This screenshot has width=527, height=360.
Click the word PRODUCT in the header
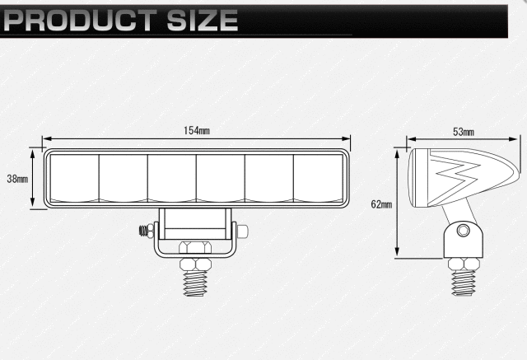(x=80, y=20)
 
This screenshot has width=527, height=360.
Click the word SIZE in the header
(x=203, y=20)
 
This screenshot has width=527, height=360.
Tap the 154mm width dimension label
(x=197, y=130)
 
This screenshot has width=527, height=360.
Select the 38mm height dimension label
(x=17, y=179)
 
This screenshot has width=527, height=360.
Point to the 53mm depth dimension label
(x=464, y=132)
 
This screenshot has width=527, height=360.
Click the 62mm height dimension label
(x=381, y=204)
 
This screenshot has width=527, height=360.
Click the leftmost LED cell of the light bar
(x=75, y=178)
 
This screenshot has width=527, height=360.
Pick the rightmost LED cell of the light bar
(x=319, y=178)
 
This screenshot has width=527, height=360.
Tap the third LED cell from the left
(x=172, y=178)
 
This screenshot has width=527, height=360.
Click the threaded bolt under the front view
(x=195, y=283)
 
